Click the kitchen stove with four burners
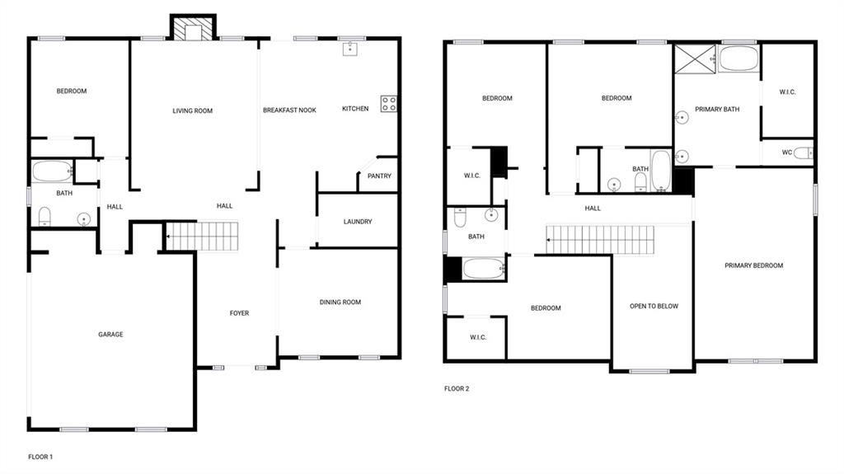(x=389, y=104)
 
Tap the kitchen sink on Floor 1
(x=349, y=49)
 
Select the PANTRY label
(x=379, y=176)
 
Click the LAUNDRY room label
(x=358, y=222)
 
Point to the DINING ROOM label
(x=340, y=303)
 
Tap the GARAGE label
(x=111, y=335)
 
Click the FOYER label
(x=240, y=313)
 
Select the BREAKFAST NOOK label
(x=289, y=110)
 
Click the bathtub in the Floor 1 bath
(x=53, y=171)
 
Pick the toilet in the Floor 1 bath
(x=45, y=217)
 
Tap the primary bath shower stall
(x=695, y=59)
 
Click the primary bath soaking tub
(x=738, y=59)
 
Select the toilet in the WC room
(x=803, y=153)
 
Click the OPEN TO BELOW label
(x=654, y=306)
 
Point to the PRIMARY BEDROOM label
(x=753, y=265)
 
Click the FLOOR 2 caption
(x=457, y=388)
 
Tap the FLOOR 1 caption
(x=40, y=457)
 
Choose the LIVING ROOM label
(x=193, y=111)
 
